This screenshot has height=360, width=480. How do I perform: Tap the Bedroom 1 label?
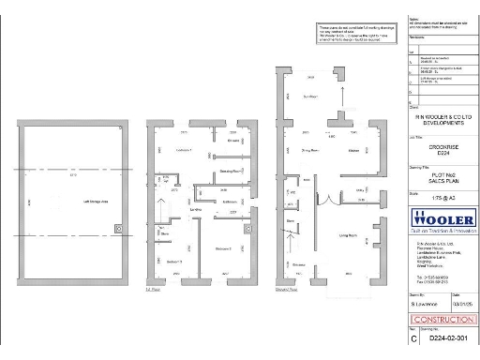point(184,151)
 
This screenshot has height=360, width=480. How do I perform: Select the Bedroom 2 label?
point(222,248)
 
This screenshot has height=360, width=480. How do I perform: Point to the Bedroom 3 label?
point(174,261)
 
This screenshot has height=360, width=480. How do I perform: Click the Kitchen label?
point(354,150)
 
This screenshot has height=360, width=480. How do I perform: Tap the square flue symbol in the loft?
point(116,228)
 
